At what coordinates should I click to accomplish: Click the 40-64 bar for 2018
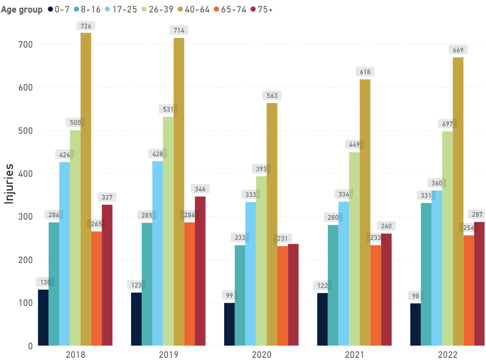pyautogui.click(x=86, y=189)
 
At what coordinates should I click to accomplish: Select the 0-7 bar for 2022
pyautogui.click(x=415, y=324)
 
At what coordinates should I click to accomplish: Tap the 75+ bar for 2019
pyautogui.click(x=200, y=271)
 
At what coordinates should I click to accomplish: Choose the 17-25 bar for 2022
pyautogui.click(x=437, y=268)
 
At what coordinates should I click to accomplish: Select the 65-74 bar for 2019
pyautogui.click(x=189, y=284)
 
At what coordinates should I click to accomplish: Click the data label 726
pyautogui.click(x=86, y=26)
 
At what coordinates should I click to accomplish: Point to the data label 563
pyautogui.click(x=272, y=96)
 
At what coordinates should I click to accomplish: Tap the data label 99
pyautogui.click(x=229, y=295)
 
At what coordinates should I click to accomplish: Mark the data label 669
pyautogui.click(x=458, y=50)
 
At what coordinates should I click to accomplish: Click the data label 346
pyautogui.click(x=200, y=189)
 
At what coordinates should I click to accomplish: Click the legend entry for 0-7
pyautogui.click(x=59, y=10)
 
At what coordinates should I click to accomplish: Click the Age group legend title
pyautogui.click(x=21, y=10)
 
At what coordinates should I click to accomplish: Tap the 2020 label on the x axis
pyautogui.click(x=261, y=354)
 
